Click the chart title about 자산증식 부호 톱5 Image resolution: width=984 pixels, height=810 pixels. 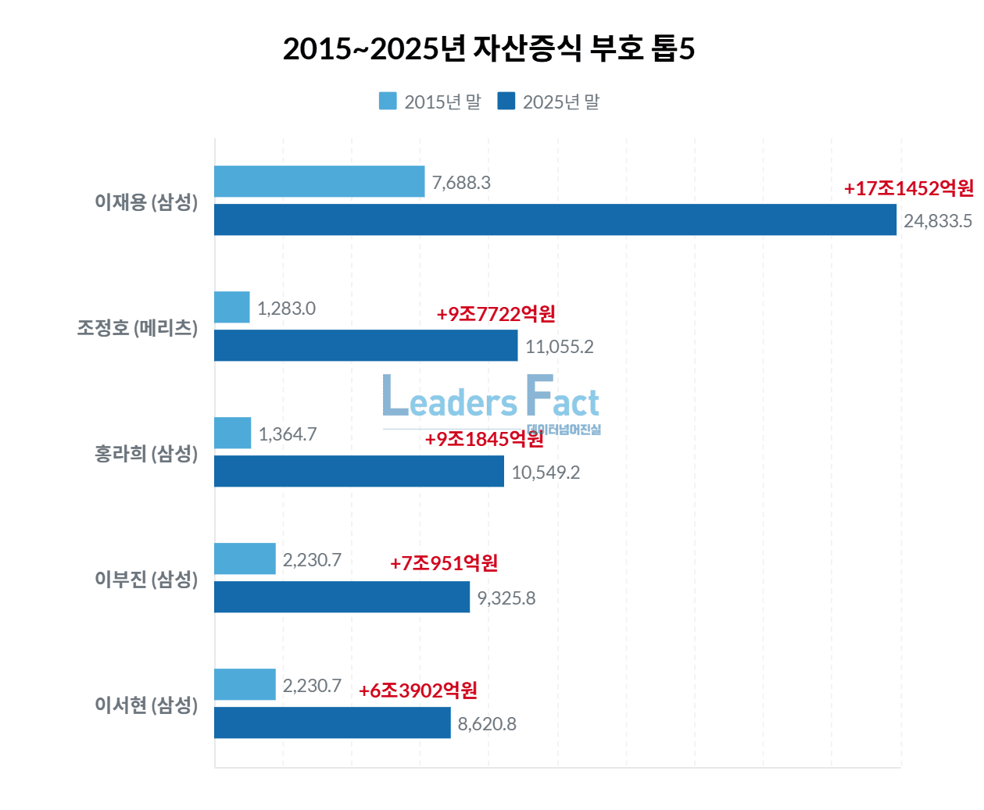pos(488,49)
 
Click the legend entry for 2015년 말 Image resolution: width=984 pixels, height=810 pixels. pos(430,102)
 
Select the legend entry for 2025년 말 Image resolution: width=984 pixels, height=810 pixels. pos(549,102)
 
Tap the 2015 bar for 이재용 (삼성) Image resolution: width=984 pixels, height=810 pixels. pos(319,181)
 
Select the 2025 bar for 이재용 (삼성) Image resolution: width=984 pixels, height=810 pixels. pos(555,219)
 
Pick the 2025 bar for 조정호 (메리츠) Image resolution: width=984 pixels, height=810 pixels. pos(366,345)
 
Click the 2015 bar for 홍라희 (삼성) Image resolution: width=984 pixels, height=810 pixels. pos(233,433)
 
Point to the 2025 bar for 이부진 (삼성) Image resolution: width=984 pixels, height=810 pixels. pos(342,597)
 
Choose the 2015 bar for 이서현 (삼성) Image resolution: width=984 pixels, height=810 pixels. pos(245,684)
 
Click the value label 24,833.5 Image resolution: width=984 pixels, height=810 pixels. pos(938,221)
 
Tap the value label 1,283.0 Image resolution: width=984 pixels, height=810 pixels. pos(286,309)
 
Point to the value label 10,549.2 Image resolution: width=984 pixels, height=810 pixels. pos(546,473)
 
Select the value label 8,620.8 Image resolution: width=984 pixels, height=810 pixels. pos(487,724)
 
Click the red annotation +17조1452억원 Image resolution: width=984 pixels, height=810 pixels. pos(909,188)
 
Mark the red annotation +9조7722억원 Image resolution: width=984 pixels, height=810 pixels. pos(496,314)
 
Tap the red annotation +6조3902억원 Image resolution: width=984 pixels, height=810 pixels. pos(418,690)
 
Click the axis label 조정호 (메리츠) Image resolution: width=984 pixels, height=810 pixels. pos(138,328)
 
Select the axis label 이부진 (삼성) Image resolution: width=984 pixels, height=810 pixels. pos(146,580)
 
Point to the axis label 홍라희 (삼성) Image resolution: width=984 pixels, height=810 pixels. pos(146,454)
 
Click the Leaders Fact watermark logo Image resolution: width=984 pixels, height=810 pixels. pos(491,400)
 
